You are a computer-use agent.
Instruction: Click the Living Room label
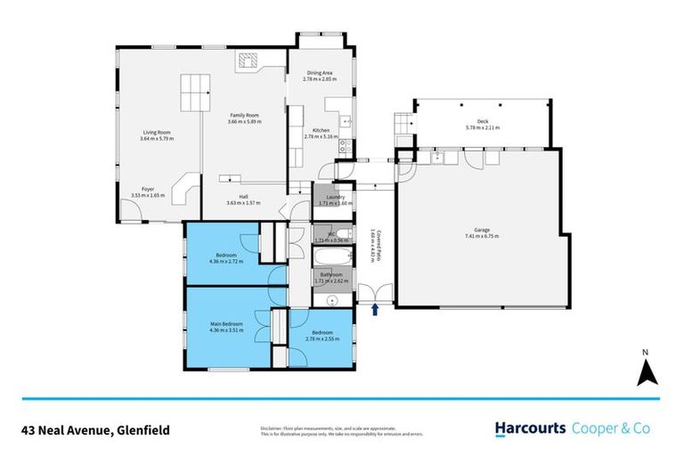tap(157, 133)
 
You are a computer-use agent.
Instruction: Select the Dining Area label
tap(321, 73)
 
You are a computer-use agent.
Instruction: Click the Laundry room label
tap(335, 197)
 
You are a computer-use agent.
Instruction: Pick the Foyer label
tap(142, 190)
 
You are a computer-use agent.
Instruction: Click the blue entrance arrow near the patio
tap(375, 309)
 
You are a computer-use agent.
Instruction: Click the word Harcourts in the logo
tap(530, 428)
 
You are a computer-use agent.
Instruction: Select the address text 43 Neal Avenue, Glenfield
tap(94, 429)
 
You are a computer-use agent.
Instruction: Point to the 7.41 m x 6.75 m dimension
tap(480, 236)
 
